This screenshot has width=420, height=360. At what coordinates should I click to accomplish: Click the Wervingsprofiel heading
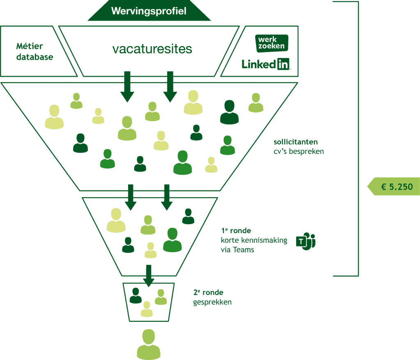click(148, 11)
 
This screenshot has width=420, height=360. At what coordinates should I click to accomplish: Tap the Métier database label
click(35, 52)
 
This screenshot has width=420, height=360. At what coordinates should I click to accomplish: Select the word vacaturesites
click(152, 49)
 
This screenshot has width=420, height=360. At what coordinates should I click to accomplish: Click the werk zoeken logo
click(272, 43)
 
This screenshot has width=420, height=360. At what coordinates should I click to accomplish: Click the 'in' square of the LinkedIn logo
click(283, 64)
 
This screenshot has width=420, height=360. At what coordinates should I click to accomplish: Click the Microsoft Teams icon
click(304, 241)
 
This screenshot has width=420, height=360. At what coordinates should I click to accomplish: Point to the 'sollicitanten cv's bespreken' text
click(298, 147)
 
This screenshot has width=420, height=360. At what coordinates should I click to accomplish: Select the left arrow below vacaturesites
click(127, 86)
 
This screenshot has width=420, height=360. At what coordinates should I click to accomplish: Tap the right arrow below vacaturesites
click(170, 86)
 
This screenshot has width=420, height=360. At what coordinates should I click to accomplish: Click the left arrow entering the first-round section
click(131, 197)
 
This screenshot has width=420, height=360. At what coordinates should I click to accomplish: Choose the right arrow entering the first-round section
click(166, 197)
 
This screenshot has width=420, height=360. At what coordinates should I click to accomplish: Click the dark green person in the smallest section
click(135, 296)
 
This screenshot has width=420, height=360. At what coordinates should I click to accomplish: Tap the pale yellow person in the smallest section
click(146, 309)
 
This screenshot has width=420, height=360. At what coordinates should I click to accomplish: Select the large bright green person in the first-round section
click(172, 240)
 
